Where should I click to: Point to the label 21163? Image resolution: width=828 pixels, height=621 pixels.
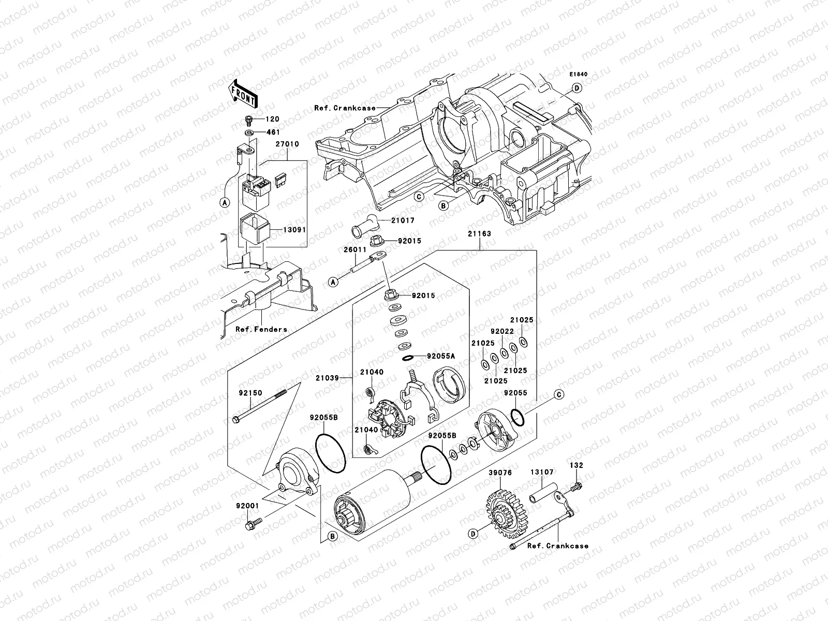coord(479,234)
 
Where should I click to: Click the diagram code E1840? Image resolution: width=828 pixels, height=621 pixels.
coord(579,75)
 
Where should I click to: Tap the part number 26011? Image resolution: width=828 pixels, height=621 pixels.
coord(352,249)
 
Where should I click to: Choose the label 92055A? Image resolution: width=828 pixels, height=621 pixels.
coord(440,356)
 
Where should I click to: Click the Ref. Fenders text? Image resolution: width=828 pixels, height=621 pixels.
coord(261,329)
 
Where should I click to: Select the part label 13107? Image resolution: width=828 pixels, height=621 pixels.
coord(541,472)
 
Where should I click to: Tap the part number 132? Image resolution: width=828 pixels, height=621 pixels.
coord(577,465)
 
